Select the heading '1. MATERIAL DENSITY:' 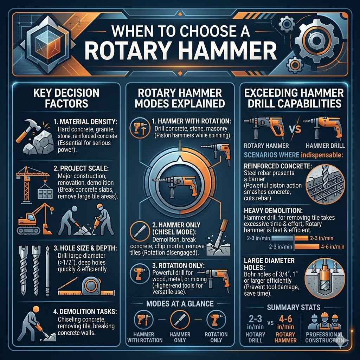(x=85, y=121)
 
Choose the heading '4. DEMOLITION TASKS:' (x=85, y=311)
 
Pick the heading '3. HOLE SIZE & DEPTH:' (x=85, y=248)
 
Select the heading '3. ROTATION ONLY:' (x=178, y=266)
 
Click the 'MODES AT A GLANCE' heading (x=180, y=304)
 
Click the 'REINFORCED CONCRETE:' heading (x=278, y=166)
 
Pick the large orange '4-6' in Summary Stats (x=285, y=319)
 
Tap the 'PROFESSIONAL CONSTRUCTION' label (x=324, y=337)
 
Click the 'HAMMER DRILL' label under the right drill (x=325, y=146)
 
